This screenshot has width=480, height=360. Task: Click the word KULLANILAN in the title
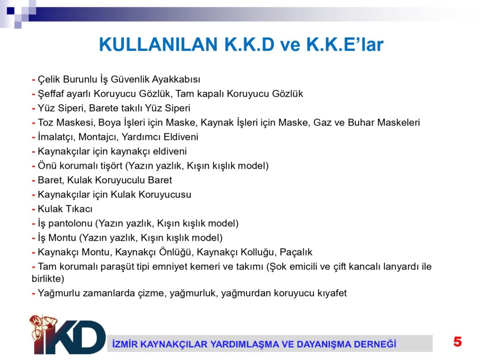(158, 45)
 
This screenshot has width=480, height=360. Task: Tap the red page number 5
(457, 342)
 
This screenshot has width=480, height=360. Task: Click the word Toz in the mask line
(45, 122)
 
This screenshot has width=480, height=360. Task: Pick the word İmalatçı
(57, 137)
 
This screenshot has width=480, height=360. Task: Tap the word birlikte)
(48, 278)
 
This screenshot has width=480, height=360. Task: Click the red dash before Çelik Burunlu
(34, 80)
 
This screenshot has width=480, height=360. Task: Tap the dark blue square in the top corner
(11, 11)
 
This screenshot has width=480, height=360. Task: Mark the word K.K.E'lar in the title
(345, 45)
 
